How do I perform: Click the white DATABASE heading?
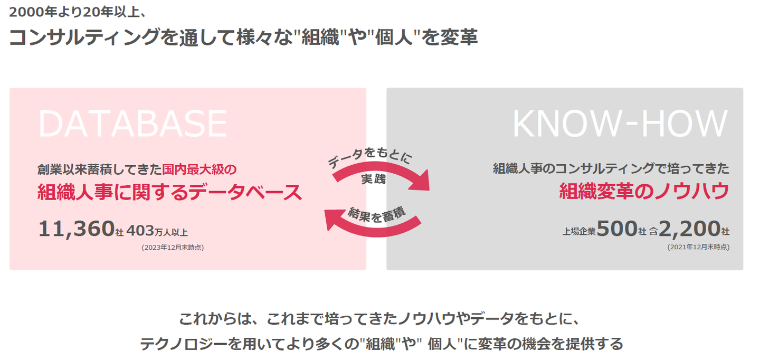pyautogui.click(x=132, y=124)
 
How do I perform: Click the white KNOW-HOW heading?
pyautogui.click(x=620, y=124)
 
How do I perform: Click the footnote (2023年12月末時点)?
pyautogui.click(x=173, y=247)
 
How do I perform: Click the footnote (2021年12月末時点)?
pyautogui.click(x=698, y=247)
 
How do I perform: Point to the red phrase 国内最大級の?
pyautogui.click(x=199, y=169)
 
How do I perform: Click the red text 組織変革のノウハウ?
pyautogui.click(x=644, y=191)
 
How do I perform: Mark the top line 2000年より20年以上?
pyautogui.click(x=79, y=11)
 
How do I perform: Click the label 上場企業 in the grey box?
pyautogui.click(x=579, y=231)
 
